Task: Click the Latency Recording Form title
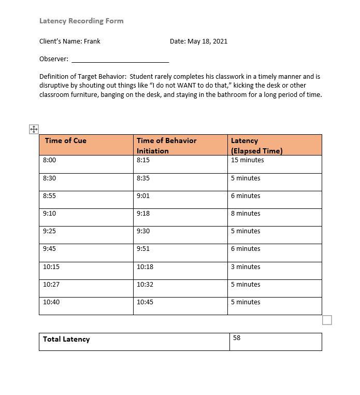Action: point(81,21)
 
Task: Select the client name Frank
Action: point(92,41)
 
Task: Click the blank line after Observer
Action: point(120,59)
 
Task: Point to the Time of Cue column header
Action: point(65,141)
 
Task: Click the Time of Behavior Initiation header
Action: point(166,146)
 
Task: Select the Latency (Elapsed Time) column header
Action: point(256,146)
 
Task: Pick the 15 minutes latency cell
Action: point(247,160)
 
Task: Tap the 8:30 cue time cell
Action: point(50,178)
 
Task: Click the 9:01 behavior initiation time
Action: point(143,196)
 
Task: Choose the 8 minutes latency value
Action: point(246,214)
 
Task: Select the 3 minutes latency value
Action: point(246,267)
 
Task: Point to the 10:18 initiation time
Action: point(145,267)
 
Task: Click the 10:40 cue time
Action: point(51,302)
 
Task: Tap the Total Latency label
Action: point(66,340)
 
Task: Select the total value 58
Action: point(237,338)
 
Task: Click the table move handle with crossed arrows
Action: point(34,129)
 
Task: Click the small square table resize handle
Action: point(327,320)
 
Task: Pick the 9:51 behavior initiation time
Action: point(143,249)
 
